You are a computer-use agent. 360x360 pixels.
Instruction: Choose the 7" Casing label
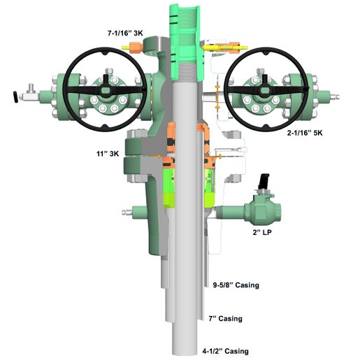click(225, 318)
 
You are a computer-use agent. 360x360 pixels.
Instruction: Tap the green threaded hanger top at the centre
click(183, 28)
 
